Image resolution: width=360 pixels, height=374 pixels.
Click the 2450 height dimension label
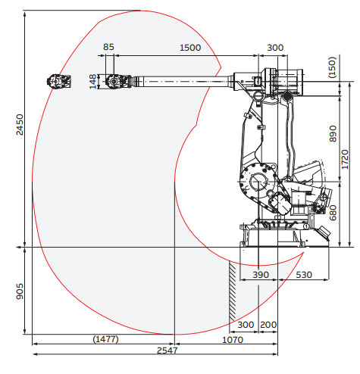click(x=20, y=125)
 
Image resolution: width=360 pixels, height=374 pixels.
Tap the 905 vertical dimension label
click(x=20, y=291)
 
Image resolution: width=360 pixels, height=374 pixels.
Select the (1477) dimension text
click(x=105, y=339)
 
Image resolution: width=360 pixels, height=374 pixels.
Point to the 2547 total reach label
click(x=167, y=351)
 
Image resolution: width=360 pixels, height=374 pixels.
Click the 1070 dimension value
click(x=233, y=340)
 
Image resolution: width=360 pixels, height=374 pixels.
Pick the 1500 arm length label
click(x=190, y=48)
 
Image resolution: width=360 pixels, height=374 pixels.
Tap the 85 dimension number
click(x=108, y=47)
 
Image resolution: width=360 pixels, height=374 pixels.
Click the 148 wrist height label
click(x=92, y=82)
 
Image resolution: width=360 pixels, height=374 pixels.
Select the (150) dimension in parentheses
click(x=332, y=67)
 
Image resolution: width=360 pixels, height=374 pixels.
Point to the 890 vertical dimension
click(x=333, y=134)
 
